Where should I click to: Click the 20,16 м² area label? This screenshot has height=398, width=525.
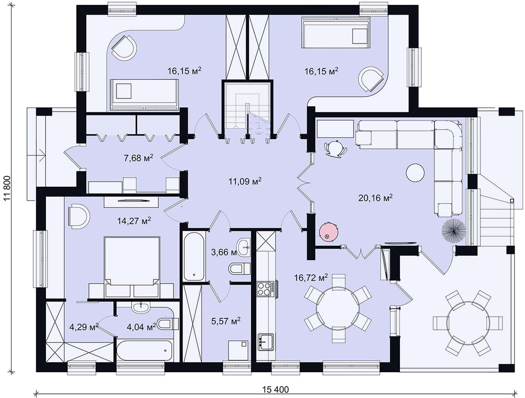coord(375,197)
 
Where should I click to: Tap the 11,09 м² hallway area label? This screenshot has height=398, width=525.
coord(245,181)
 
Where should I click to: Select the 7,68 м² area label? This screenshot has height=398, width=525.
coord(139,158)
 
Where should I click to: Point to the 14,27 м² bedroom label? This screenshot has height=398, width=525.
coord(134,221)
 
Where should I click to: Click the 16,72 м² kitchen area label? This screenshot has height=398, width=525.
coord(311,278)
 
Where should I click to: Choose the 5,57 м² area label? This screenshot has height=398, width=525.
coord(226,321)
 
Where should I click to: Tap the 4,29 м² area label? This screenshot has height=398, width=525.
coord(84,327)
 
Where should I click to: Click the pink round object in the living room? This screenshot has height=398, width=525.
coord(329,232)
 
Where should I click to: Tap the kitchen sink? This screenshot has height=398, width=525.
coord(266,342)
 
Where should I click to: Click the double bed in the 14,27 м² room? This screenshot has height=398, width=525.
coord(132,267)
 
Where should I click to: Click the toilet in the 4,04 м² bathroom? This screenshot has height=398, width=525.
coord(168,324)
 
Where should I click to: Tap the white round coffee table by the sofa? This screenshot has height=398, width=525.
coord(415,173)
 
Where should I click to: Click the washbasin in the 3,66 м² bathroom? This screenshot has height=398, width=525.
coord(243,247)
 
